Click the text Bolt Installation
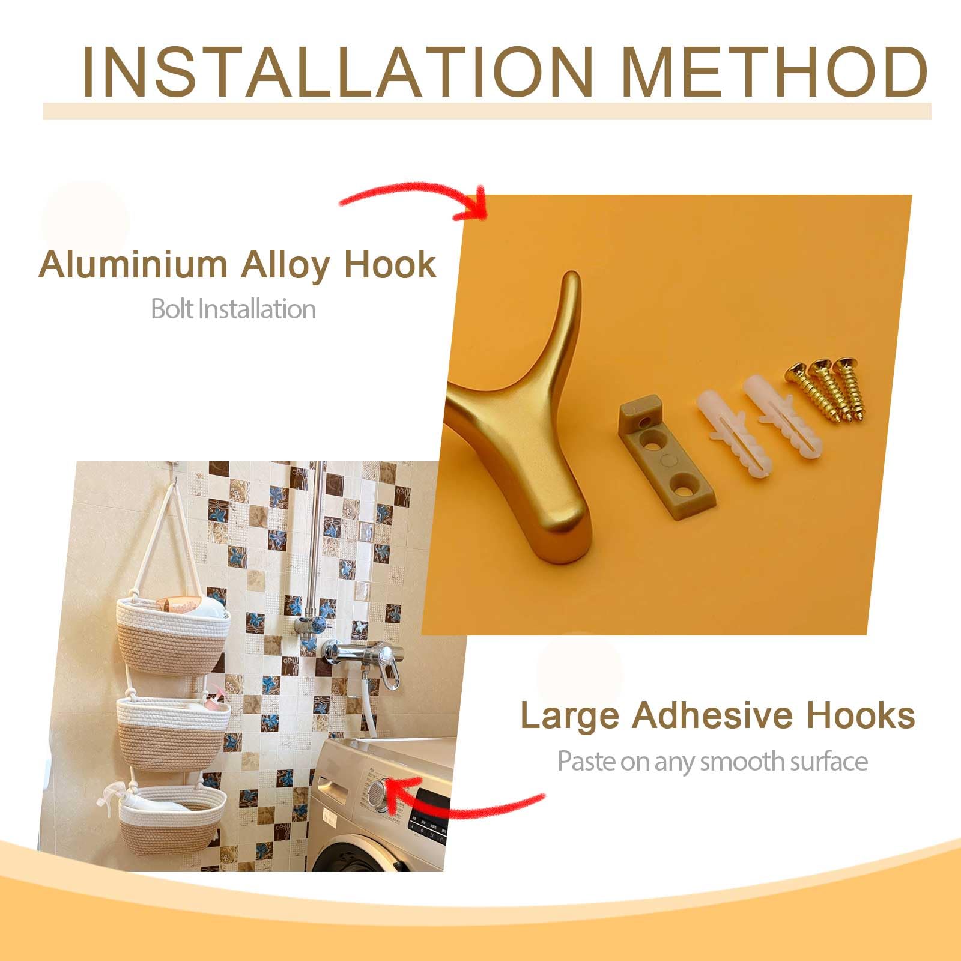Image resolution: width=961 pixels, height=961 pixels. tap(233, 309)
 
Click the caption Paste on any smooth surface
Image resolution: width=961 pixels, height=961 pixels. tap(712, 762)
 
